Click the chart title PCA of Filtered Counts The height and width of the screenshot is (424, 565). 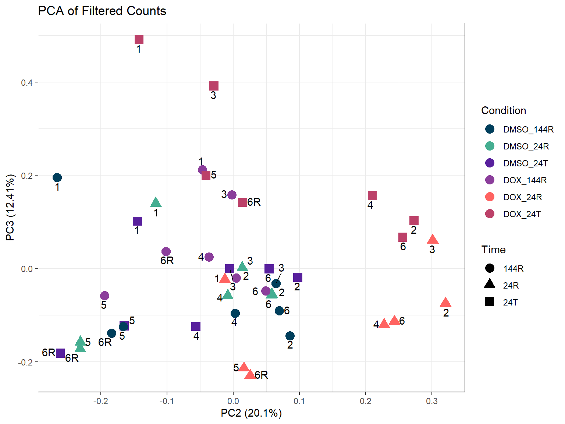pos(102,11)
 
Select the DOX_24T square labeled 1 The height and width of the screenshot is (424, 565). pos(139,40)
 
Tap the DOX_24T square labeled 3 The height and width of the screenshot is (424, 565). pos(214,86)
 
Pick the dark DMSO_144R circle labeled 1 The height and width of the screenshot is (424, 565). pos(57,178)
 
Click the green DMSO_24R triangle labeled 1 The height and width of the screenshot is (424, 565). pos(156,202)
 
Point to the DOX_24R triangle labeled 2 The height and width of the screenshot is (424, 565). pos(445,303)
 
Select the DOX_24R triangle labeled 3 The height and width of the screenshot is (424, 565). pos(433,240)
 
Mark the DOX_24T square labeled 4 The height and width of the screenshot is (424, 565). pos(372,196)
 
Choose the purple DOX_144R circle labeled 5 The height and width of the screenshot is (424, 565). pos(104,296)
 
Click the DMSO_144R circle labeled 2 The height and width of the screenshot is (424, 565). pos(290,336)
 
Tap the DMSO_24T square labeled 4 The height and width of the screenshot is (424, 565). pos(196,326)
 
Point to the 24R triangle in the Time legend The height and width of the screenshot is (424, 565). pos(489,284)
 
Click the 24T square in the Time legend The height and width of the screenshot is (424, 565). pos(489,302)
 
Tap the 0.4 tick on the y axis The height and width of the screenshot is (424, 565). pos(26,82)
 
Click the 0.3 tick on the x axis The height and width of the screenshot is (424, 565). pos(432,401)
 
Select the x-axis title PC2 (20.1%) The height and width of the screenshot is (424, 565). pos(251,413)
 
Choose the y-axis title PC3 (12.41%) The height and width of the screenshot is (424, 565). pos(10,208)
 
